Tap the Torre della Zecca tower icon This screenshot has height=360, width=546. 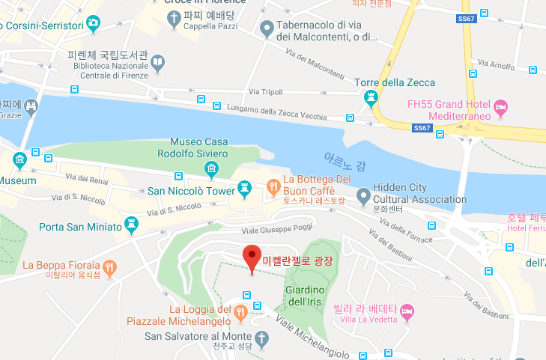[369, 97]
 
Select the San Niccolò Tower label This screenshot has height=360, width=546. [190, 191]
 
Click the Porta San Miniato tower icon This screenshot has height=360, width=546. [133, 224]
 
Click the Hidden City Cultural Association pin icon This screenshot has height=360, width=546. [363, 196]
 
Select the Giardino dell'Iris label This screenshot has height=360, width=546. [304, 296]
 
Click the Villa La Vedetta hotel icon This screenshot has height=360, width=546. [407, 310]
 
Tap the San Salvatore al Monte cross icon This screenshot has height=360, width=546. [261, 338]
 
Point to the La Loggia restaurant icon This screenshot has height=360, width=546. [240, 311]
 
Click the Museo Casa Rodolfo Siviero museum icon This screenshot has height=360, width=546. [213, 168]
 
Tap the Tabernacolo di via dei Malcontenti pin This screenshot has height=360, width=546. [266, 30]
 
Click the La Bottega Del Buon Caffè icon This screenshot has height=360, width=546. [272, 186]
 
